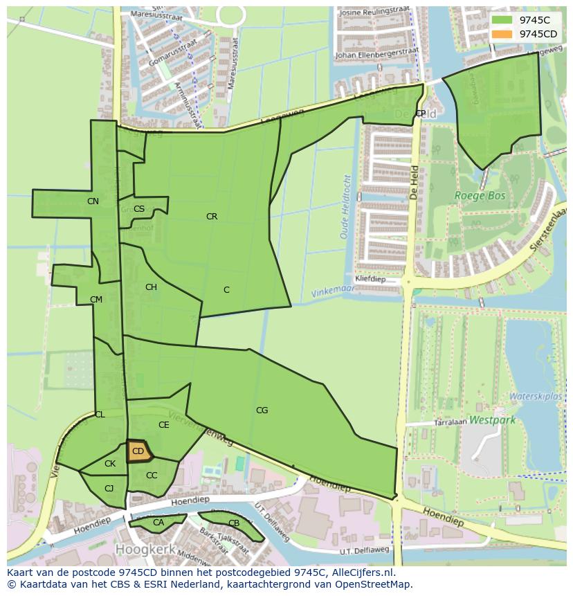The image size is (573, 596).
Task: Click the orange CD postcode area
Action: coord(138,451)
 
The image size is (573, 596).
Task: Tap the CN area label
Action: coord(93,201)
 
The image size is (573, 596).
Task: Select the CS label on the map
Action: coord(139,209)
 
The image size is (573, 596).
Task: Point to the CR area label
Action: coord(212,217)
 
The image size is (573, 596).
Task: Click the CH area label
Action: coord(151,287)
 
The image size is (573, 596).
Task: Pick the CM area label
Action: coord(96,300)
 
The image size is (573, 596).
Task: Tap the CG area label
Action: coord(262,410)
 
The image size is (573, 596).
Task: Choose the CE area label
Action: coord(164,425)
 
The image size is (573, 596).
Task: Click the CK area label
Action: coord(110,464)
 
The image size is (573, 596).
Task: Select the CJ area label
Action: coord(109,489)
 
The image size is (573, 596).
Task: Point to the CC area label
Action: coord(152,476)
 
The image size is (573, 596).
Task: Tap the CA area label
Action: coord(158,523)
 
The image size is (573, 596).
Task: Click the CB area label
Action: coord(234,523)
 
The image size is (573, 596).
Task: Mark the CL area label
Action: coord(100,415)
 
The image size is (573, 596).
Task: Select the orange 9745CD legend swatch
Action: coord(502,34)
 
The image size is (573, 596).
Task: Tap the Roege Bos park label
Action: coord(480,196)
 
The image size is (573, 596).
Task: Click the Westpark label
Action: coord(492,419)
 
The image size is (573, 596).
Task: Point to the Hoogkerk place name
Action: coord(143,548)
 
